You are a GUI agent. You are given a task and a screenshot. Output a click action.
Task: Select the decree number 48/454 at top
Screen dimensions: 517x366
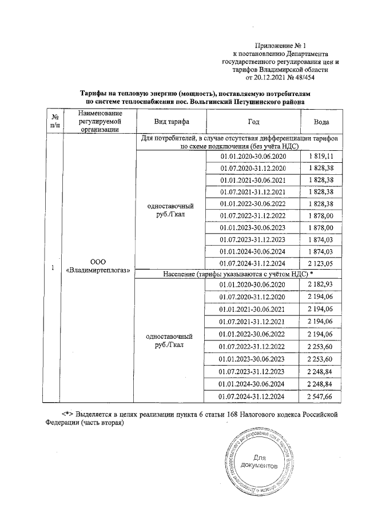tap(301, 77)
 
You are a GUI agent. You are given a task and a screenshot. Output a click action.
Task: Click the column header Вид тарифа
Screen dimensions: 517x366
tap(169, 122)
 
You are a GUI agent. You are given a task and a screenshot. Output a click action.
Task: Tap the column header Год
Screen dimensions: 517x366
tap(252, 122)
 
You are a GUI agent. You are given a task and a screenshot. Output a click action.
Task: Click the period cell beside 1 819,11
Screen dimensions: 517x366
tap(252, 156)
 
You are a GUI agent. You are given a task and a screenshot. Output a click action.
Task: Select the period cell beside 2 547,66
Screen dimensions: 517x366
tap(252, 395)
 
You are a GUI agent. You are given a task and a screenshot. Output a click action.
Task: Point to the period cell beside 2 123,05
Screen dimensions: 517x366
tap(252, 264)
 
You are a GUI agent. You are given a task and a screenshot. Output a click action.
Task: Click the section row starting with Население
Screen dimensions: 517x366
tap(238, 274)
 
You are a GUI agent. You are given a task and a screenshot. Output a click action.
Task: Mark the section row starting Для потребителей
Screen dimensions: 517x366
tap(238, 143)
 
